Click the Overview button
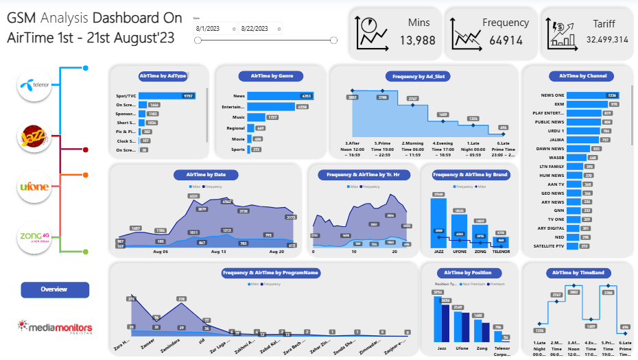tap(55, 289)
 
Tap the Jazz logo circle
tap(35, 136)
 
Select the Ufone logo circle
tap(35, 187)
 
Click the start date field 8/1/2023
tap(215, 28)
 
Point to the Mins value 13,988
tap(417, 40)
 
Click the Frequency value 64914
tap(506, 40)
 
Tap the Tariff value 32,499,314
tap(607, 40)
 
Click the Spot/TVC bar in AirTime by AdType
tap(167, 96)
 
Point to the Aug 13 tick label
tap(219, 252)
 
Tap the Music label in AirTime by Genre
tap(238, 117)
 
